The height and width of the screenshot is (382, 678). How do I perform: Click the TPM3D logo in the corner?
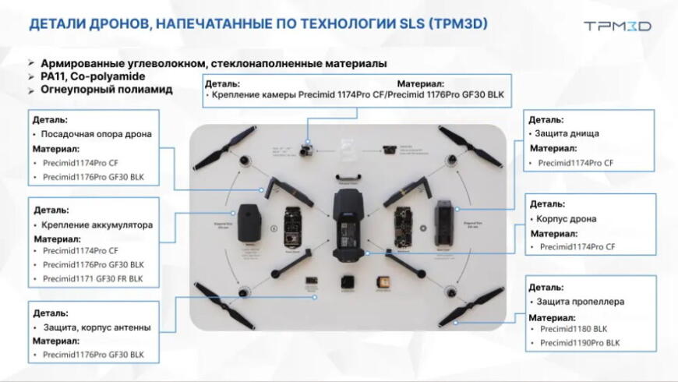pyautogui.click(x=617, y=26)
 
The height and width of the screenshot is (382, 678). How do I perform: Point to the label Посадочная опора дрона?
pyautogui.click(x=97, y=133)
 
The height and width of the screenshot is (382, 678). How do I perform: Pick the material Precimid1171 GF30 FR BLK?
pyautogui.click(x=94, y=278)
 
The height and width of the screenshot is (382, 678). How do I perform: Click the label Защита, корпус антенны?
pyautogui.click(x=97, y=327)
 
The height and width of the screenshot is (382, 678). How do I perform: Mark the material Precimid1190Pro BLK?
pyautogui.click(x=580, y=342)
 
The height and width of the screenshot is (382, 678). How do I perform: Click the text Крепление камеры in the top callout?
pyautogui.click(x=255, y=96)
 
